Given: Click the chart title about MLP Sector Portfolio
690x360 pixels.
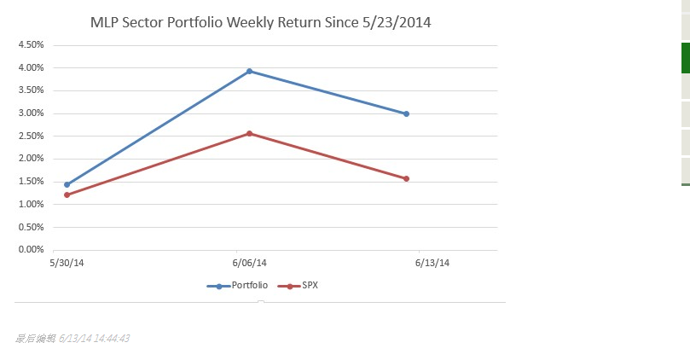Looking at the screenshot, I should pyautogui.click(x=260, y=22).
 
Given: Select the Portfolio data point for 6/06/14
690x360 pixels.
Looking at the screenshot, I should pyautogui.click(x=249, y=71).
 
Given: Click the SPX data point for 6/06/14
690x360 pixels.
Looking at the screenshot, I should pyautogui.click(x=249, y=133).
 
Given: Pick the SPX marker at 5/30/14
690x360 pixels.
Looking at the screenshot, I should pyautogui.click(x=67, y=195).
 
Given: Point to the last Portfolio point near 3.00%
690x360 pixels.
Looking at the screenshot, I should pyautogui.click(x=406, y=113).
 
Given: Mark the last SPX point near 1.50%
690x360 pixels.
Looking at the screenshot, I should pyautogui.click(x=406, y=178).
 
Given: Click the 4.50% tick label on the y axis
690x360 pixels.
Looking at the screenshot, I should pyautogui.click(x=31, y=44).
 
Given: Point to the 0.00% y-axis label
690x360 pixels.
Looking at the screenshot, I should pyautogui.click(x=31, y=250).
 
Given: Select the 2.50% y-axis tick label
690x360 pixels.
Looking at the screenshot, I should pyautogui.click(x=31, y=136).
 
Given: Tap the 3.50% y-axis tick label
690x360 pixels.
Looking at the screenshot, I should pyautogui.click(x=31, y=90).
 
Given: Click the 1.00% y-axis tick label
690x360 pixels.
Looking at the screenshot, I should pyautogui.click(x=31, y=204).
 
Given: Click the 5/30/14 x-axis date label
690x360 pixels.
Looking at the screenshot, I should pyautogui.click(x=67, y=263).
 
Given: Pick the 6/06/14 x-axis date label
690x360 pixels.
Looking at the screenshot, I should pyautogui.click(x=249, y=263).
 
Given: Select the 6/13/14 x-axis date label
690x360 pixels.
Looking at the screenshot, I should pyautogui.click(x=432, y=263).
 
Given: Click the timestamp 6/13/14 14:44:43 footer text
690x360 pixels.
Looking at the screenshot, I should pyautogui.click(x=94, y=339).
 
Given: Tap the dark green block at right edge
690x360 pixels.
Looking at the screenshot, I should pyautogui.click(x=685, y=57).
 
